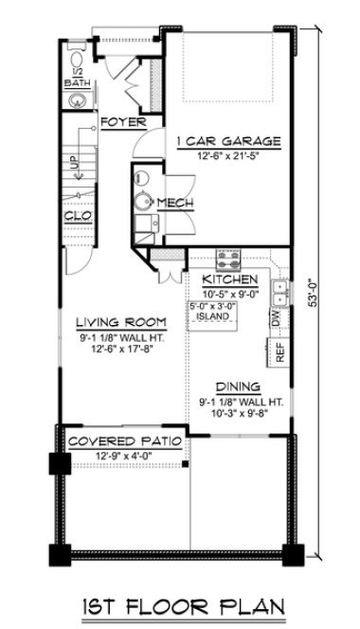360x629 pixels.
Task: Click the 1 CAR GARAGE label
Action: click(x=229, y=141)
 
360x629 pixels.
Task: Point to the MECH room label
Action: click(x=175, y=203)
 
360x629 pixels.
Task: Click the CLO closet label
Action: click(x=78, y=216)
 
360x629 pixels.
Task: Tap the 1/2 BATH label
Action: click(x=75, y=80)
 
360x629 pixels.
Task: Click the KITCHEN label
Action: click(x=231, y=281)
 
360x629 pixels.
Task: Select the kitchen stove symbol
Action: click(x=228, y=259)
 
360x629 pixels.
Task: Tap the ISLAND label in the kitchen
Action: click(x=213, y=316)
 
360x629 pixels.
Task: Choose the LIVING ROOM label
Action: click(x=121, y=320)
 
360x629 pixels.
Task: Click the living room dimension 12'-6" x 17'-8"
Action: click(x=121, y=349)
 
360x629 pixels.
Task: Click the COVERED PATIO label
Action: click(x=123, y=442)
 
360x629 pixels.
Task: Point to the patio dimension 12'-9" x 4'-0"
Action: click(x=123, y=457)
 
